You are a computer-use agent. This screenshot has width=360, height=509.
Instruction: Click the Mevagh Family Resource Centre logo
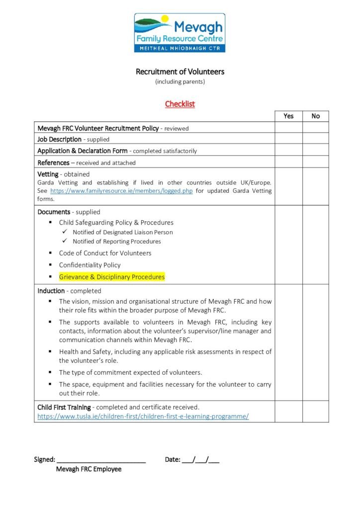coord(180,33)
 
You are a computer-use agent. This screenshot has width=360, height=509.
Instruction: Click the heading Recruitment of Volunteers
coord(180,72)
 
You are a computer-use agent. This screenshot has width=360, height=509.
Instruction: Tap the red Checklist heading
coord(180,104)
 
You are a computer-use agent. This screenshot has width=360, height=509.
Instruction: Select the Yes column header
coord(288,116)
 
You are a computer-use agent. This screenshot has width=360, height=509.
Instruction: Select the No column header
coord(316,116)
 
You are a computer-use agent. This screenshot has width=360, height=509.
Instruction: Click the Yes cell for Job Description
coord(288,139)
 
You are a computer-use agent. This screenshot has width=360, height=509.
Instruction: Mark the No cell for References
coord(316,162)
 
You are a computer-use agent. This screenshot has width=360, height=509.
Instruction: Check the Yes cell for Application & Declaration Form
coord(288,151)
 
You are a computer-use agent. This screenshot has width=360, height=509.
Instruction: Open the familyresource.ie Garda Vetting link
coord(121,191)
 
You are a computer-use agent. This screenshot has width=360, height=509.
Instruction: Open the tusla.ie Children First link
coord(143,417)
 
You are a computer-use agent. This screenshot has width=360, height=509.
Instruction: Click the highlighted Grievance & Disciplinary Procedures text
coord(111,277)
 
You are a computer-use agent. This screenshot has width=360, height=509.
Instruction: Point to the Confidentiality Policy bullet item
coord(90,265)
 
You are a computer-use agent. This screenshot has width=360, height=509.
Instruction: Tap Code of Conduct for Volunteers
coord(105,253)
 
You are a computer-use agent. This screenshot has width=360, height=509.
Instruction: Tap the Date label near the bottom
coord(172,460)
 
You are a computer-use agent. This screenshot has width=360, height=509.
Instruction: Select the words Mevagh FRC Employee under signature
coord(89,469)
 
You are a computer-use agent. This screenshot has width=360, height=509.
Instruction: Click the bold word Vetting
coord(48,174)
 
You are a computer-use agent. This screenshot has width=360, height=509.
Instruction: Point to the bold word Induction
coord(51,291)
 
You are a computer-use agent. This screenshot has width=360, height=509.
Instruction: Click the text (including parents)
coord(180,82)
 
